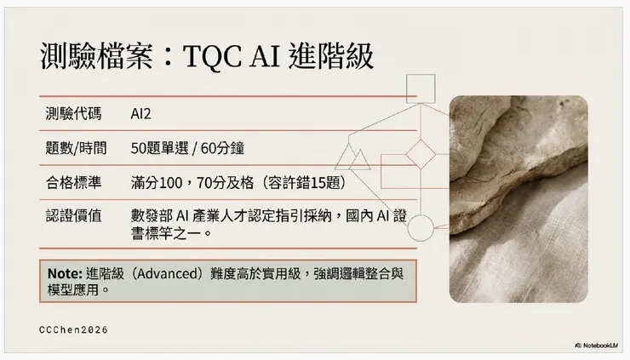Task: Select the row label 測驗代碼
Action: [72, 113]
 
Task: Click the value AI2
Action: [141, 113]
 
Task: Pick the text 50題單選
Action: [160, 148]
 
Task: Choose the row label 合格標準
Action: [72, 182]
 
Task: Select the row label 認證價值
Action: [72, 215]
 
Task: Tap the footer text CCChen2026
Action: [74, 329]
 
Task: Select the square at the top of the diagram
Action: [419, 87]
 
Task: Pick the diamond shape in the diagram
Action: [419, 157]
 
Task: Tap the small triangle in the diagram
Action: [360, 157]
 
